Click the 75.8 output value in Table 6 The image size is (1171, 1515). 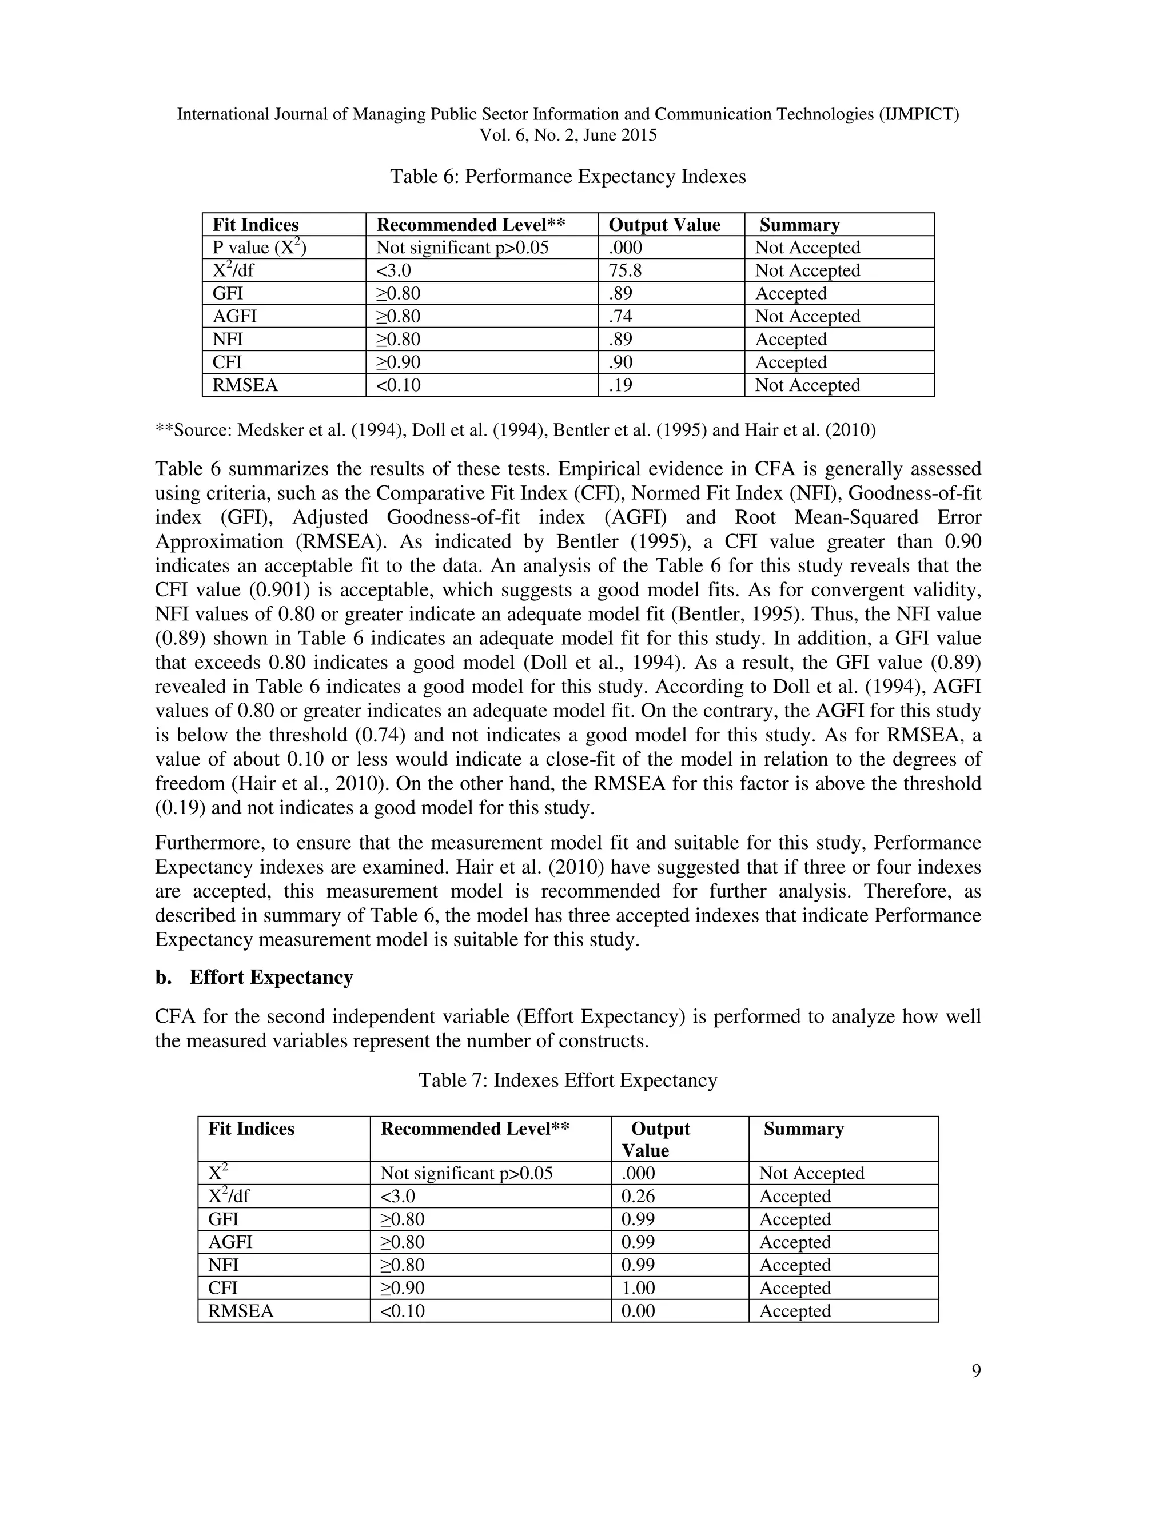click(625, 270)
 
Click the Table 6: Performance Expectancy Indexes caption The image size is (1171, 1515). click(567, 176)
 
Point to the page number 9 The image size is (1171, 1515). click(976, 1371)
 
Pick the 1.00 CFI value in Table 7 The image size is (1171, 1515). click(638, 1287)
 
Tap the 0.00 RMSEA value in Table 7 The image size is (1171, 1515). click(638, 1311)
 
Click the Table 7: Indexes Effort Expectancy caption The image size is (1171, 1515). click(567, 1080)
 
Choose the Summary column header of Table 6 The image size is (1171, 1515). click(799, 225)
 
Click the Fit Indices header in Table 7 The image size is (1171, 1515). click(251, 1129)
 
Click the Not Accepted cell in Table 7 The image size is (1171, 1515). click(811, 1173)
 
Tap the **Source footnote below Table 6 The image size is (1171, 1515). click(515, 430)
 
